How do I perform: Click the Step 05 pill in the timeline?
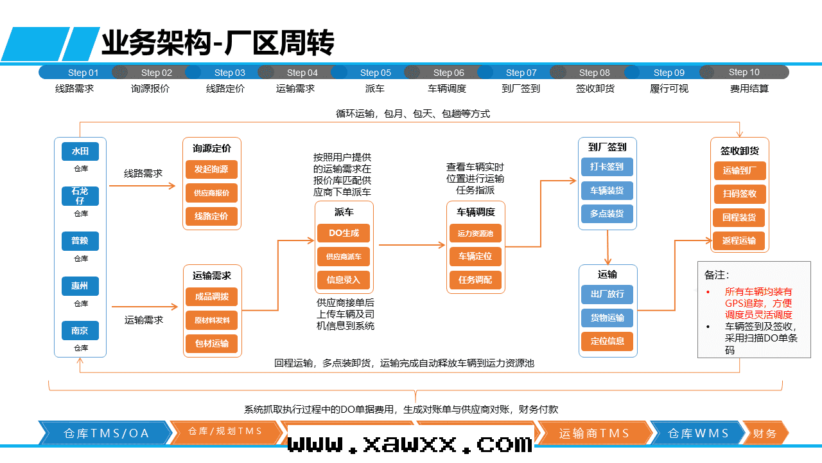point(376,73)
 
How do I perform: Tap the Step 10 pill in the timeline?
point(744,73)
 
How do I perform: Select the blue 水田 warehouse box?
point(80,152)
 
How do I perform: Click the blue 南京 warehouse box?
point(80,331)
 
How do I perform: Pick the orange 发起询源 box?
point(211,170)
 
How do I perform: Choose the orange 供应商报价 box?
point(211,193)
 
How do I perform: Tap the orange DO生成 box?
point(344,233)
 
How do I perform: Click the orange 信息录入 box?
point(344,280)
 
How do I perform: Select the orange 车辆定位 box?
point(475,256)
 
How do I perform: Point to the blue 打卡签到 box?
point(607,167)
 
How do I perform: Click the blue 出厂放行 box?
point(607,295)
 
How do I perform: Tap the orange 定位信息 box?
point(607,341)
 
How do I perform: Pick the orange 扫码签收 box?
point(740,194)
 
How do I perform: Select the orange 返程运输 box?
point(739,241)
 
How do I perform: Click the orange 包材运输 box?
point(212,343)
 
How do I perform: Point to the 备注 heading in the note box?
point(717,275)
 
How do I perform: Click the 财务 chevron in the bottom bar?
point(764,433)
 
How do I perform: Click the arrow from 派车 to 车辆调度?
point(412,245)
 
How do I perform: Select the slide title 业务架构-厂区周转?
point(218,44)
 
